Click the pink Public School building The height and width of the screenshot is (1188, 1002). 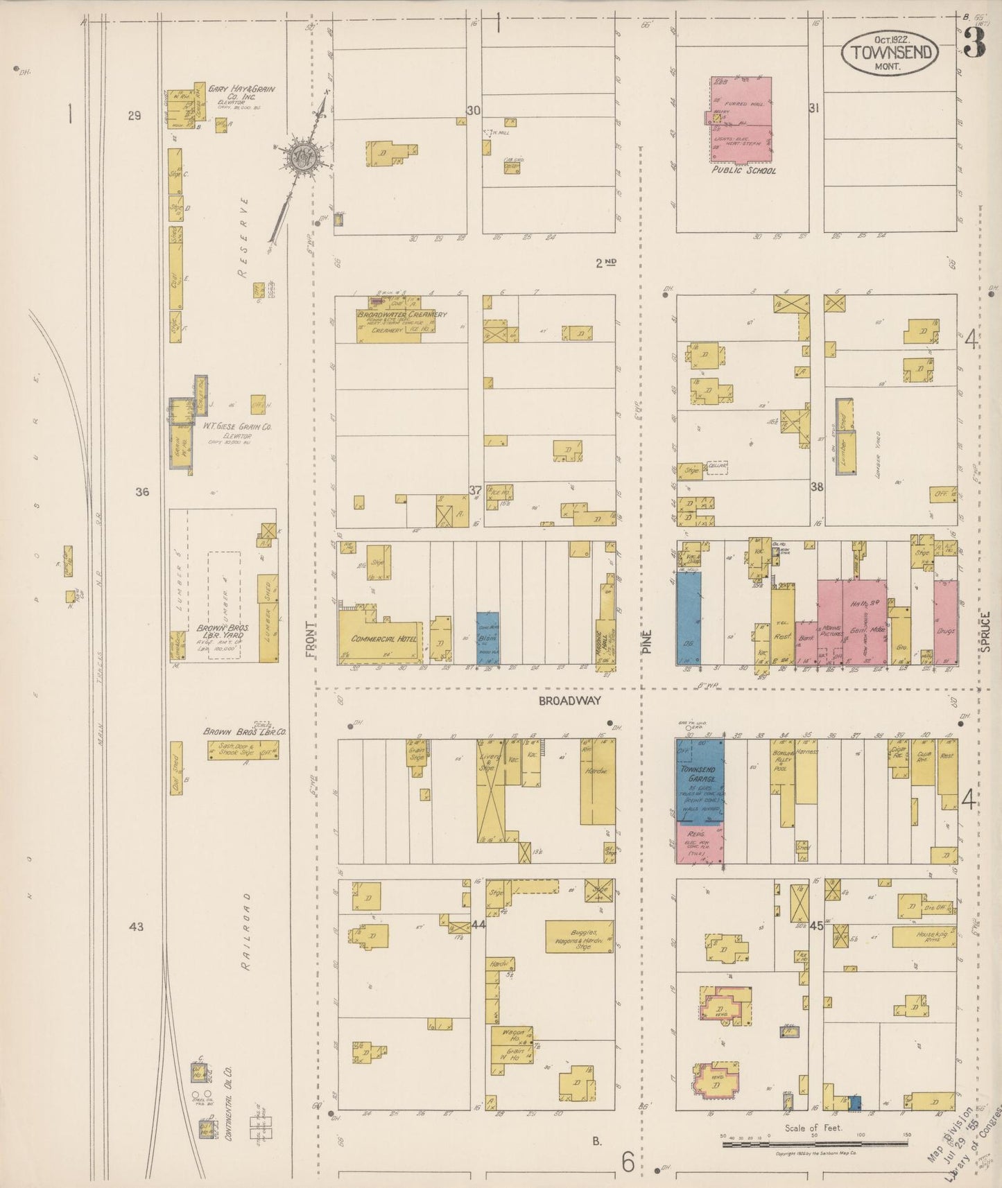click(741, 118)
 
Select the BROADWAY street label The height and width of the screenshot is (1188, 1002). click(569, 701)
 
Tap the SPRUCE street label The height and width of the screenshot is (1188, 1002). click(985, 631)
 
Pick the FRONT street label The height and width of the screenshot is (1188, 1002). click(311, 638)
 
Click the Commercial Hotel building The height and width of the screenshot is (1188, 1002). click(380, 636)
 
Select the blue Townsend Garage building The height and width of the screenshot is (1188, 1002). click(700, 780)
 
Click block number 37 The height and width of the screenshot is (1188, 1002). click(475, 490)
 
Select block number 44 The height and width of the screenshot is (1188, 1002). click(478, 925)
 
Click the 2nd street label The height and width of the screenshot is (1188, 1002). click(605, 263)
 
